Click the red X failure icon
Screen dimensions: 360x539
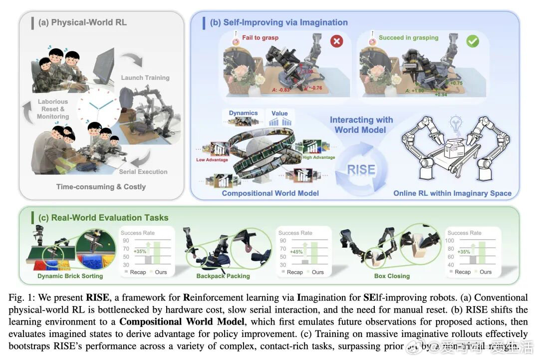point(337,41)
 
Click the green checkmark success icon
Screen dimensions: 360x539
point(472,41)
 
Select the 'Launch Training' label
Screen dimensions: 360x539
point(145,77)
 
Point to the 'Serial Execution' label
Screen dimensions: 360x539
point(143,172)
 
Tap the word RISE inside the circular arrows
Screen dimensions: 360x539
point(361,169)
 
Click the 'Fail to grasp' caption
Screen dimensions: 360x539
point(260,37)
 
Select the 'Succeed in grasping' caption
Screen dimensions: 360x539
point(408,37)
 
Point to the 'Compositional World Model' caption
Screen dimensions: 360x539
point(270,193)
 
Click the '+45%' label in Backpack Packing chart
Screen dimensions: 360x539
point(297,252)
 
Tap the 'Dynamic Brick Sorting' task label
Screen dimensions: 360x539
point(70,276)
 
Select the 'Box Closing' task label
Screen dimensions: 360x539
point(392,276)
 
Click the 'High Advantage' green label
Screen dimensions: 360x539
point(318,157)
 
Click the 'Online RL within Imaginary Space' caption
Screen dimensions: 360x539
point(452,193)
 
